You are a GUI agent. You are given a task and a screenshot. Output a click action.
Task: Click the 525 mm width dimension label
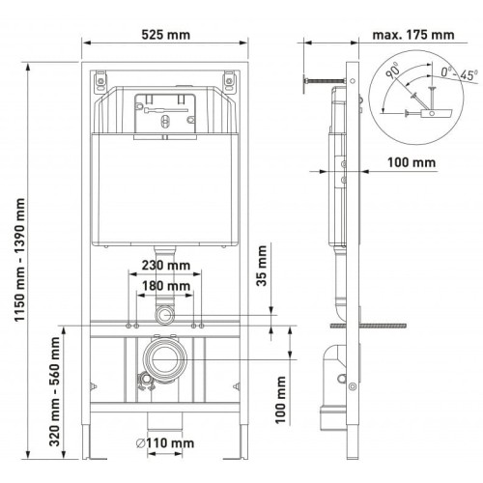[166, 35]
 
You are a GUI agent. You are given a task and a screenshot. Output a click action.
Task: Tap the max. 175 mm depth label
[413, 35]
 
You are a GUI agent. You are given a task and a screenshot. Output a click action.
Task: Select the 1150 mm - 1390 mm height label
[20, 260]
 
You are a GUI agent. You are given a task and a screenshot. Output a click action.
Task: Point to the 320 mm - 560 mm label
[54, 391]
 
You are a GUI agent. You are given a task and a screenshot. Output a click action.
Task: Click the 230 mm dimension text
[166, 266]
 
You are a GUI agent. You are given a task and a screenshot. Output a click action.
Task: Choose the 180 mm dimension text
[166, 286]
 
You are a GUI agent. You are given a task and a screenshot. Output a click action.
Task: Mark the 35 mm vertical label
[262, 266]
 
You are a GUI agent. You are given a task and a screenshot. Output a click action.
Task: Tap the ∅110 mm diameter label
[165, 443]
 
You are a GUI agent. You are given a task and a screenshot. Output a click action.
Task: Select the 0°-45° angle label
[459, 74]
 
